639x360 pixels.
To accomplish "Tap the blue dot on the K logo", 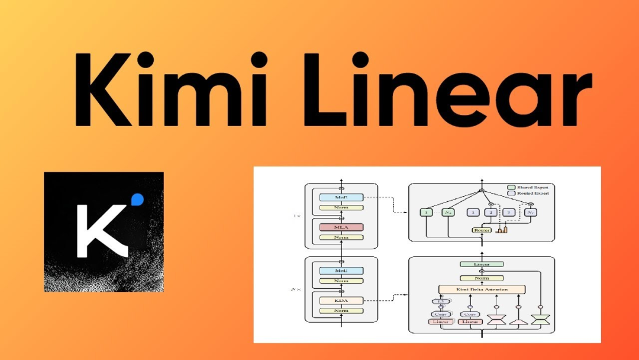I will click(138, 199).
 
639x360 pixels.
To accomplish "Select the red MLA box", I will click(340, 227).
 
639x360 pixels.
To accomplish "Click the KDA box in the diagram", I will click(340, 300).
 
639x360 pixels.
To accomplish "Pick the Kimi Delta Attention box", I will click(482, 290).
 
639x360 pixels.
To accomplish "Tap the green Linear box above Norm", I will click(482, 264).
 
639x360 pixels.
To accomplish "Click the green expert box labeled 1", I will click(427, 212).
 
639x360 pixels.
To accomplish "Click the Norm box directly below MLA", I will click(340, 237).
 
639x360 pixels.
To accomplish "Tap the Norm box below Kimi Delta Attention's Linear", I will click(482, 278).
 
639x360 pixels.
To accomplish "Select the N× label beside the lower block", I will click(295, 289).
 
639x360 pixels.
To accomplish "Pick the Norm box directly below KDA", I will click(340, 311).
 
